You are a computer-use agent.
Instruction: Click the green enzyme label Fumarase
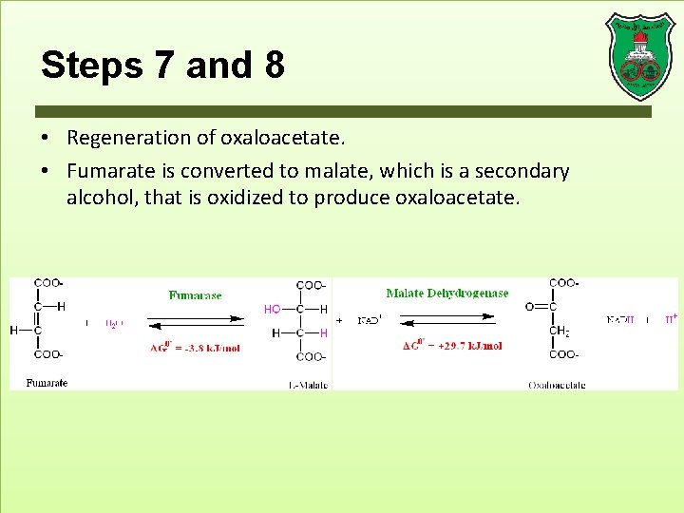(x=195, y=295)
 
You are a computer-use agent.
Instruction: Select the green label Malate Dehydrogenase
(x=446, y=294)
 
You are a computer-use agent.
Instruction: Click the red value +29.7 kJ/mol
(x=452, y=346)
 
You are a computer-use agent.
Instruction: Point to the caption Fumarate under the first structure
(x=47, y=383)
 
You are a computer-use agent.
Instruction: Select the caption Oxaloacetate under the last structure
(x=557, y=385)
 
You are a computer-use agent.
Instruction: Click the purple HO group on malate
(x=273, y=309)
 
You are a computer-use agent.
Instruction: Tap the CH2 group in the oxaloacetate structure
(x=560, y=332)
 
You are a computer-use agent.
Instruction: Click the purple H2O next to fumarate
(x=113, y=323)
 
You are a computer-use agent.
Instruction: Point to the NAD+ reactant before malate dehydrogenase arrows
(x=370, y=321)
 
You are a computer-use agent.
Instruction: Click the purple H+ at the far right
(x=671, y=319)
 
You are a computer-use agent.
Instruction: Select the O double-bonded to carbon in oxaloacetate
(x=530, y=307)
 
